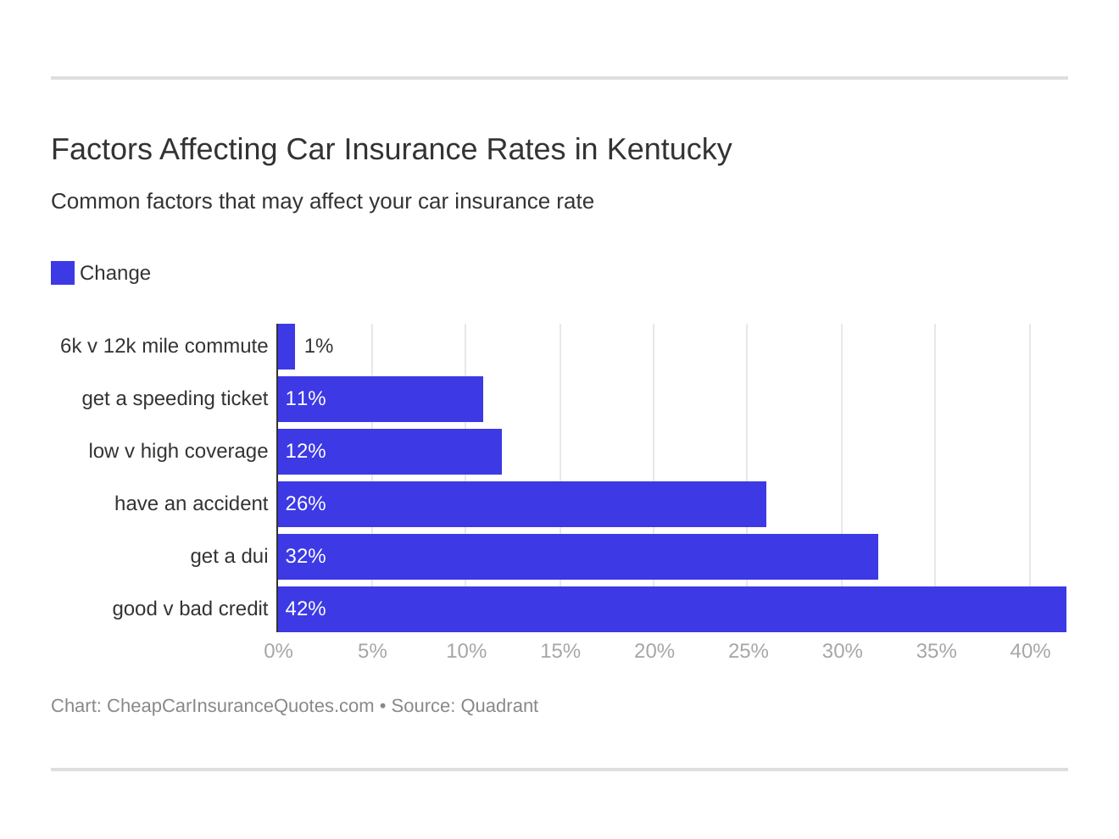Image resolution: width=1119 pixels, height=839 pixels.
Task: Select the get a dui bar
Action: click(577, 556)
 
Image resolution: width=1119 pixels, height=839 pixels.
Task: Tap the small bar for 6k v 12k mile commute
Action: click(287, 346)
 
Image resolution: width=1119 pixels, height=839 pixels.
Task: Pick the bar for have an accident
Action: click(521, 503)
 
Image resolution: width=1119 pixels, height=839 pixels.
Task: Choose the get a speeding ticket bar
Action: click(381, 398)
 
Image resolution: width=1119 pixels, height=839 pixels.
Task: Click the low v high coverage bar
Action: click(390, 451)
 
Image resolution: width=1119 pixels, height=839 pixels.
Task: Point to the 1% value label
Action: click(319, 346)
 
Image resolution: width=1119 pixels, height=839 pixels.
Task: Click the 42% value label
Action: click(306, 608)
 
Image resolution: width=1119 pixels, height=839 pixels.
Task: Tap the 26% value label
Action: click(306, 503)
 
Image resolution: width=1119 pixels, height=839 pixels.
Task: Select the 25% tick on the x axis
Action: click(748, 651)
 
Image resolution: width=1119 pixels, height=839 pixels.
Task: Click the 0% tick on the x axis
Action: click(278, 651)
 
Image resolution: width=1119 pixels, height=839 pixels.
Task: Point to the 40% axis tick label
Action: click(1030, 651)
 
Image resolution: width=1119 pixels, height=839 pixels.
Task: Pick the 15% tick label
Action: click(560, 651)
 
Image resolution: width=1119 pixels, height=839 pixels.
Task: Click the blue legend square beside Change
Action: click(63, 273)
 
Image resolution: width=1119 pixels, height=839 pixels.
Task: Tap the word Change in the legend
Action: click(115, 273)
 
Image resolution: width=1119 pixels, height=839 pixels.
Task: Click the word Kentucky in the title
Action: click(669, 150)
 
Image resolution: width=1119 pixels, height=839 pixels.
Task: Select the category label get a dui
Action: click(229, 556)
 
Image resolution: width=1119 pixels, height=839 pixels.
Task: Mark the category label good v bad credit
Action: click(190, 608)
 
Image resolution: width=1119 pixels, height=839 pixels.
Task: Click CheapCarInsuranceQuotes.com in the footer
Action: click(240, 706)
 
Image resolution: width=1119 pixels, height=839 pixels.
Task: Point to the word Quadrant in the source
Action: click(499, 706)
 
